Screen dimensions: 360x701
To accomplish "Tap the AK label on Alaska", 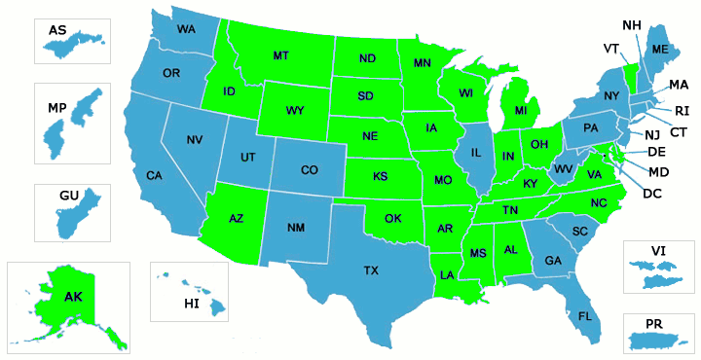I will [73, 296].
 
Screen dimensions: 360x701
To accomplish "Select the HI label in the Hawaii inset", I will [191, 305].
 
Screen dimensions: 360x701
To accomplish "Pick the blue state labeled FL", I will [585, 316].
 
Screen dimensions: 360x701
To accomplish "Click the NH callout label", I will [631, 23].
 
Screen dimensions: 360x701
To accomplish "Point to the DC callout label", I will [652, 194].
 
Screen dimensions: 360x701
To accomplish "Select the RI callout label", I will [682, 110].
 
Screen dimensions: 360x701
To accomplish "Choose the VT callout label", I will [611, 49].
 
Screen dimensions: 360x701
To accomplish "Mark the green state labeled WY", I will [295, 110].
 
